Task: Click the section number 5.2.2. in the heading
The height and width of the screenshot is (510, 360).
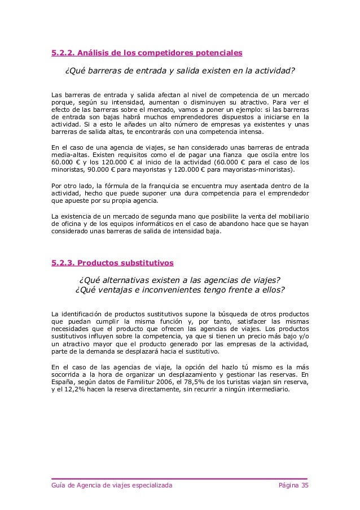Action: tap(62, 54)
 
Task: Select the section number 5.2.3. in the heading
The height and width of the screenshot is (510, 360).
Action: tap(62, 263)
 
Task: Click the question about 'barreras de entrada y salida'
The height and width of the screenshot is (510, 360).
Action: tap(179, 72)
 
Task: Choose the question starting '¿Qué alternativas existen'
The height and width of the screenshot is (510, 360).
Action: tap(179, 281)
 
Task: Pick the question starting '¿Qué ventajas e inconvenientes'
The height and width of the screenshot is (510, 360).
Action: tap(179, 291)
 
